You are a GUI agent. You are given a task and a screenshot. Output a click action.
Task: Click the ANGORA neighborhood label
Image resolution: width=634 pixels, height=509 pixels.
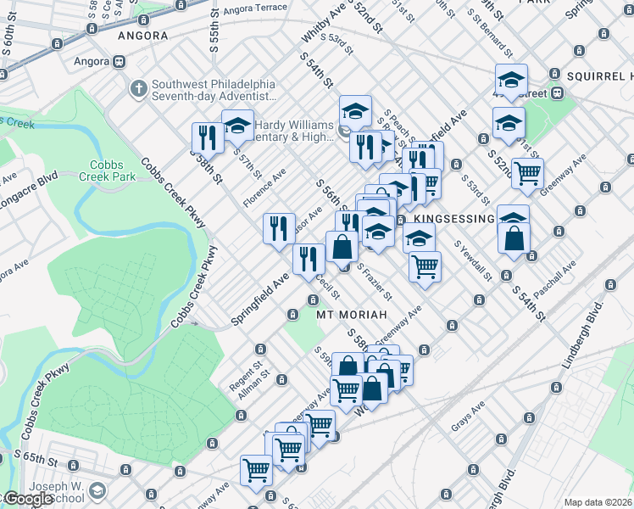pos(142,36)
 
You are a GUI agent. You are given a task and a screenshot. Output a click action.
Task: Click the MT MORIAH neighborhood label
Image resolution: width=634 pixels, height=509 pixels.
pos(351,315)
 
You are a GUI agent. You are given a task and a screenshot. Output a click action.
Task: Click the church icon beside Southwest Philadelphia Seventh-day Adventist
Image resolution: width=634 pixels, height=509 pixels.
pos(138,87)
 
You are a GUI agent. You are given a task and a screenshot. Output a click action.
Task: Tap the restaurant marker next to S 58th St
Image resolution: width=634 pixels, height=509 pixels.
pos(207,137)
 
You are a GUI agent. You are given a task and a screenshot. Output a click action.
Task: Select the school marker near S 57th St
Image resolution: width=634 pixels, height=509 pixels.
pos(238,125)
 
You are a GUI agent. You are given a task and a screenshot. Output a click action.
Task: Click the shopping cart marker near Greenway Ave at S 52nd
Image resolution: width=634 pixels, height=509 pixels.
pos(527,173)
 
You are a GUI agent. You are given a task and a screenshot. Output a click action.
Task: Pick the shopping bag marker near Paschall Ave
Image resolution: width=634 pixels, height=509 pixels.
pos(514,238)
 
